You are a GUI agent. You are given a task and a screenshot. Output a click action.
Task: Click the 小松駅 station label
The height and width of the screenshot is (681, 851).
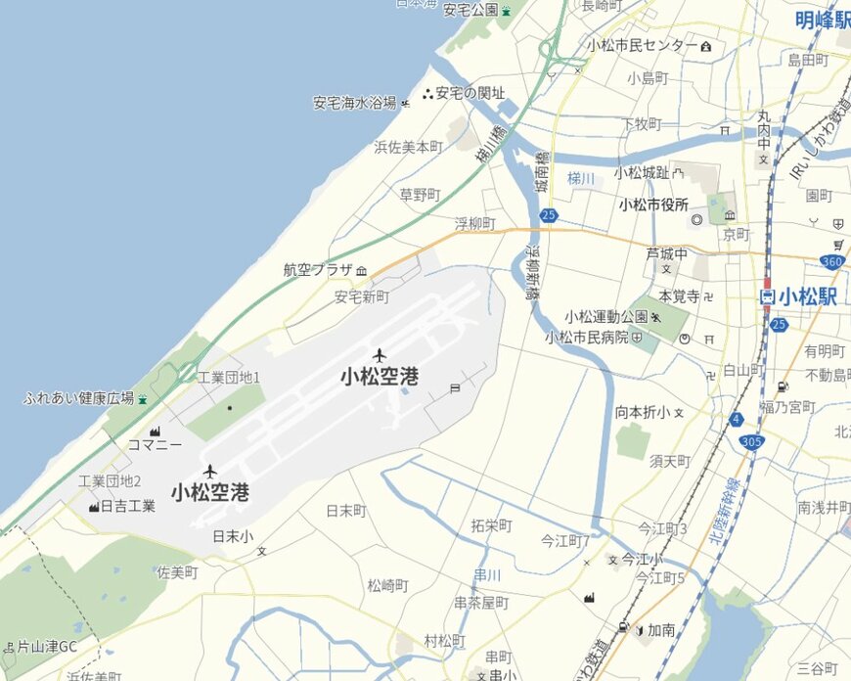808,296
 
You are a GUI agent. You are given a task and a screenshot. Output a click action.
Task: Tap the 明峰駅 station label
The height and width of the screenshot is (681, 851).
822,19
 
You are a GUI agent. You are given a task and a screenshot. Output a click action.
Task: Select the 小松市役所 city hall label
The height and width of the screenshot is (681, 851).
653,204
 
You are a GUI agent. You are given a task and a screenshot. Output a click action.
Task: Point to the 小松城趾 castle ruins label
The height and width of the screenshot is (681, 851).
642,172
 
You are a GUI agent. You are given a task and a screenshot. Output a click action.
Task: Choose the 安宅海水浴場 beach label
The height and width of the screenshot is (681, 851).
354,103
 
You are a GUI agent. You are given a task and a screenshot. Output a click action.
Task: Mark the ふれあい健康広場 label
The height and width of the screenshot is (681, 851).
79,398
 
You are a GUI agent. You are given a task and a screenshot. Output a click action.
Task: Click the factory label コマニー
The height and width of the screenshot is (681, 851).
156,444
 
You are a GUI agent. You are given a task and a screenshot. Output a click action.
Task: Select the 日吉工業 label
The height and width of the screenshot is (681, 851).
128,506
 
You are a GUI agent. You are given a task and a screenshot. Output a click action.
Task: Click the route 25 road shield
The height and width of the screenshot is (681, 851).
550,214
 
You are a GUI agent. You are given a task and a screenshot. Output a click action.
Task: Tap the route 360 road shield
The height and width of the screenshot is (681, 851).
833,261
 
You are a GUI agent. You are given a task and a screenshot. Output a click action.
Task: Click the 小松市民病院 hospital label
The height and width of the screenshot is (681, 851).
586,337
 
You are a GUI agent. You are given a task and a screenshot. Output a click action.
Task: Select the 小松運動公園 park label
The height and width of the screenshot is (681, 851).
606,317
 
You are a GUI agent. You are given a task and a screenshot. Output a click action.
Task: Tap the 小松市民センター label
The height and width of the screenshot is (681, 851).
643,45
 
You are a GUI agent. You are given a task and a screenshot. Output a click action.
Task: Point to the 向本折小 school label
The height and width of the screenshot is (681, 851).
643,412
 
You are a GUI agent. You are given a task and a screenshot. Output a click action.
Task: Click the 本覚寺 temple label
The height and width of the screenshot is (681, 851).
679,295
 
